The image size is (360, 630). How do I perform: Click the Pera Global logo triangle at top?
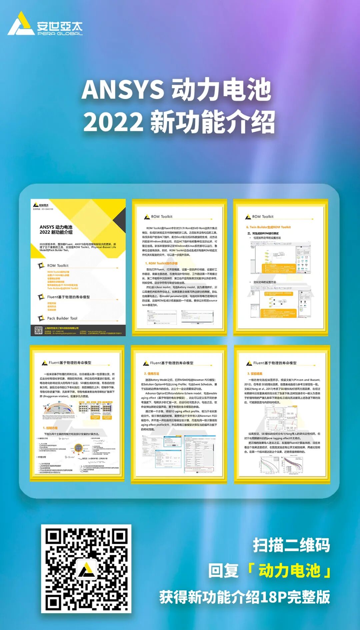pos(21,24)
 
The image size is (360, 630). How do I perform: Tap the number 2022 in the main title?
pos(113,122)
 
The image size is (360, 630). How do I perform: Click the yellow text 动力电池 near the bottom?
pos(289,571)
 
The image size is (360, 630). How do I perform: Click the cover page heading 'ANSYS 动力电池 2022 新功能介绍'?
pos(56,230)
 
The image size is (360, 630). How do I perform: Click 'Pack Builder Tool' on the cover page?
pos(62,318)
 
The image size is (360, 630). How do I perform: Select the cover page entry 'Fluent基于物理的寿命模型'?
pos(68,297)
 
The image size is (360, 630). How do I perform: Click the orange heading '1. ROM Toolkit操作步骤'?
pos(161,263)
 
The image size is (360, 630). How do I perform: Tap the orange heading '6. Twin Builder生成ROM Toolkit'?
pos(268,227)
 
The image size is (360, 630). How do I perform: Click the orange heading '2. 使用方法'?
pos(152,374)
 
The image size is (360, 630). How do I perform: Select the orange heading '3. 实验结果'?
pos(255,374)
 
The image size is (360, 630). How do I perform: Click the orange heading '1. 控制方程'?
pos(50,428)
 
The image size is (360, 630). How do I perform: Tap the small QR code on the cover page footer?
pos(38,330)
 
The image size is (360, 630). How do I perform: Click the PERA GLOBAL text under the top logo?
pos(60,33)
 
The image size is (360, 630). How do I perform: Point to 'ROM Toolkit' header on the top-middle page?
pos(162,217)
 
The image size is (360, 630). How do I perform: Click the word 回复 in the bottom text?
pos(223,571)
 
